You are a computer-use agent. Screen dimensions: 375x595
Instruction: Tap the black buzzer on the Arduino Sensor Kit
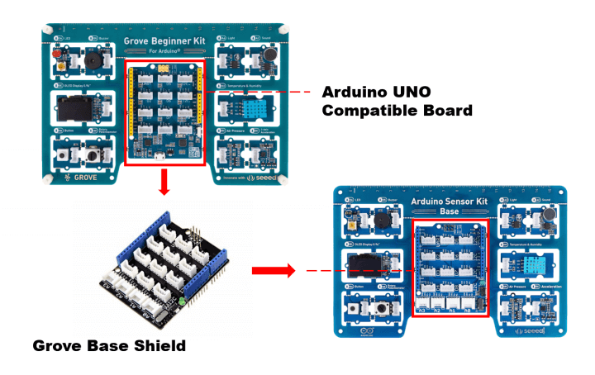click(383, 221)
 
